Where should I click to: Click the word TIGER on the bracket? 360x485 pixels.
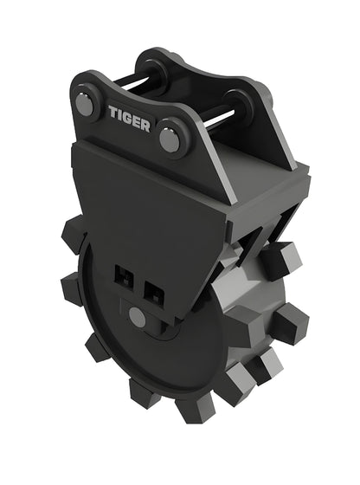(130, 117)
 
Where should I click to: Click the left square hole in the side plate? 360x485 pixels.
(123, 278)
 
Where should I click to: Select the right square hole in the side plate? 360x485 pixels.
(154, 291)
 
